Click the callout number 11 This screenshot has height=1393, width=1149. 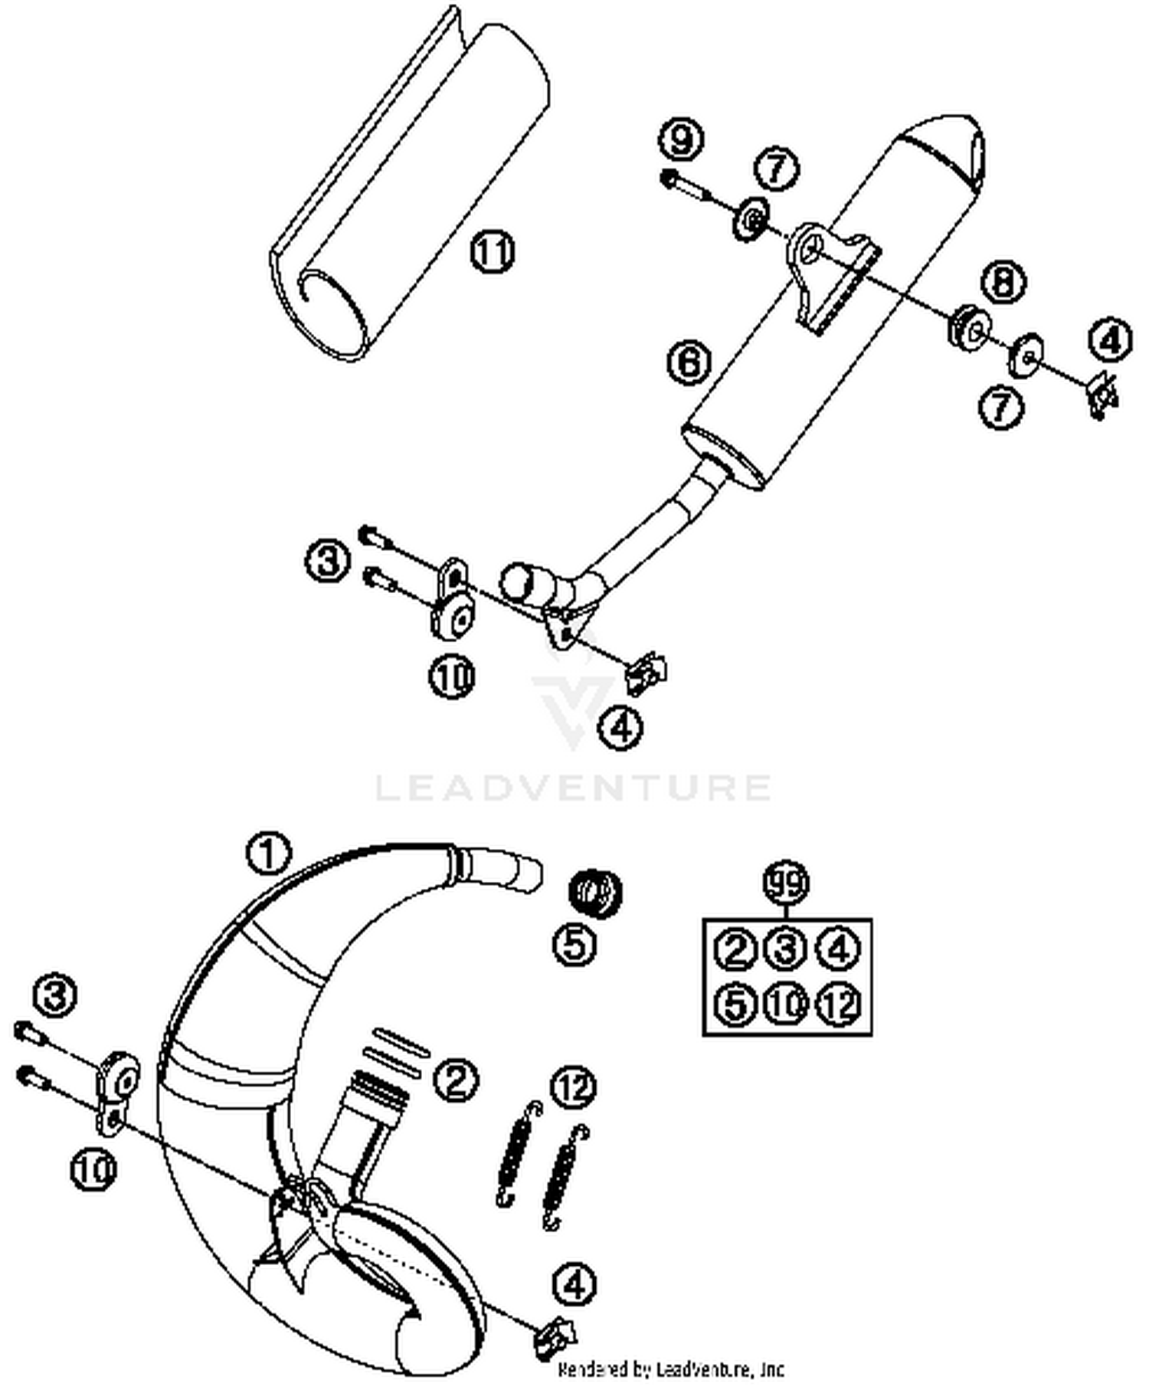492,251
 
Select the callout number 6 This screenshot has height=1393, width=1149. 689,361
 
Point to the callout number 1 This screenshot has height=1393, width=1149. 268,853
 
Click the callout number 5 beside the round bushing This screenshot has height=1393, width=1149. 574,944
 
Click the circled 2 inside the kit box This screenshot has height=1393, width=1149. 735,950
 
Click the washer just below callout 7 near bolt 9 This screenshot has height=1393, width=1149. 752,219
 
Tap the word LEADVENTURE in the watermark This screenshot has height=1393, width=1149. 573,788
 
